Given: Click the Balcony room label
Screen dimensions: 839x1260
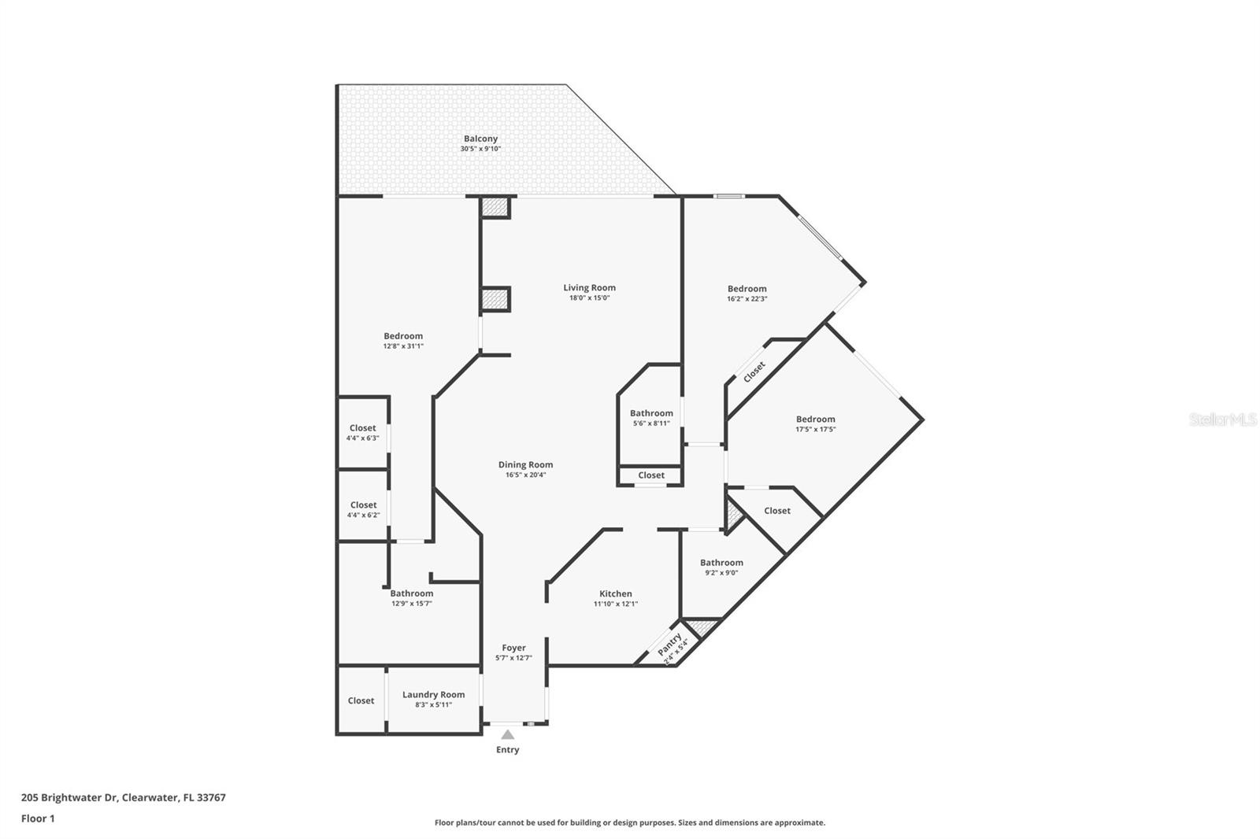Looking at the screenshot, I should coord(480,139).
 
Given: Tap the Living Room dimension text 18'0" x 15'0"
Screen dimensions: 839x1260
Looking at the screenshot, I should coord(589,298).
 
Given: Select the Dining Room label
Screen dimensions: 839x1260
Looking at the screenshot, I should coord(525,464).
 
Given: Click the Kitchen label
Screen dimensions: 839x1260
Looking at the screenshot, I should coord(615,593).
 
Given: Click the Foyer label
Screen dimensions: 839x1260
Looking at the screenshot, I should coord(513,648).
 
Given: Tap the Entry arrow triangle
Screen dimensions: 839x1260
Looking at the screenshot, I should coord(508,734).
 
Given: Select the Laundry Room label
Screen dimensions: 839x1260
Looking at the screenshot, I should coord(433,694).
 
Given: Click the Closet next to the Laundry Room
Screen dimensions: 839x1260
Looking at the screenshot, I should coord(361,700).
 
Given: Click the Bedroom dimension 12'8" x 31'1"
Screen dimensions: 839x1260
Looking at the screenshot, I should coord(403,346).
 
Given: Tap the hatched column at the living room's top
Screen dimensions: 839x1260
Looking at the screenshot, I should coord(495,208).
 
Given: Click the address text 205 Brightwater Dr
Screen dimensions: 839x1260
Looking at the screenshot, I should coord(69,797).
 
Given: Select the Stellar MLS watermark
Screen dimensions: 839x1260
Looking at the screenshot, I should coord(1223,419).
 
